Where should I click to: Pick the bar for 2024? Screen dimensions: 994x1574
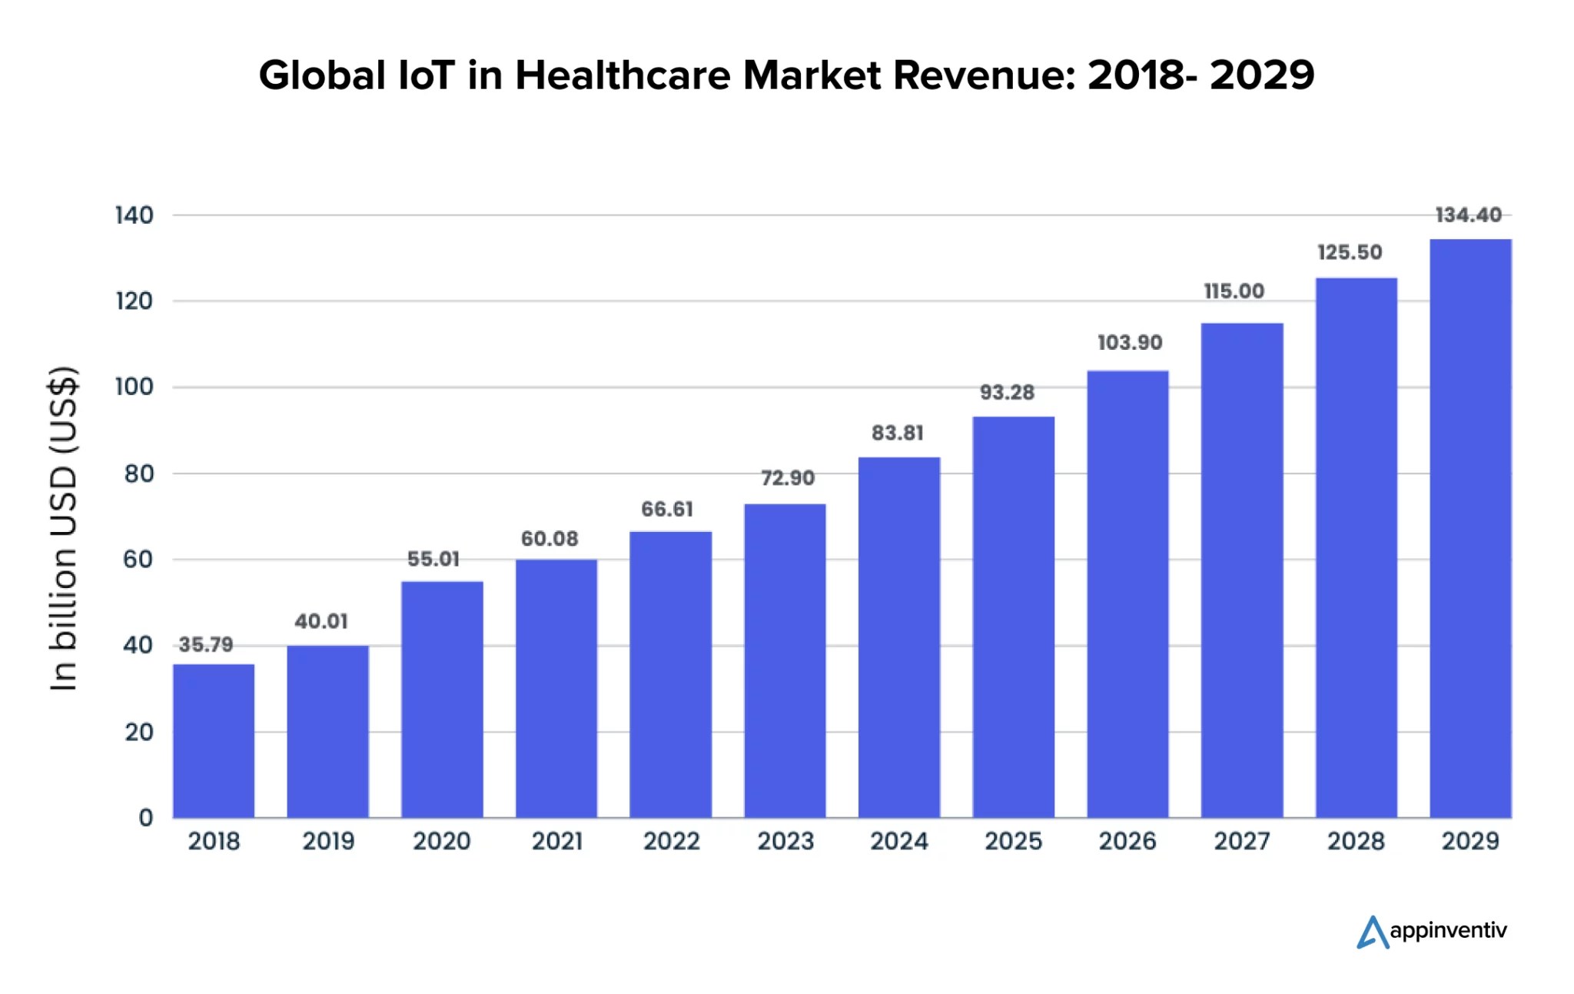click(899, 637)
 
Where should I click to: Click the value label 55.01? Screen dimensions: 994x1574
click(433, 559)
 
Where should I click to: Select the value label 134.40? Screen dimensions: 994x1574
click(1468, 215)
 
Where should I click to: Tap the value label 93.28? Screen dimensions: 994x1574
click(1007, 393)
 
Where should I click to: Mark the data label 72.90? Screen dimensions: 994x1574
click(787, 478)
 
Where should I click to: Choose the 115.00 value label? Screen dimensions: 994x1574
click(1234, 291)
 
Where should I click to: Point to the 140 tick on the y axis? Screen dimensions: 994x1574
click(134, 215)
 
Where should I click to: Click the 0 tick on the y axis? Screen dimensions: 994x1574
click(145, 817)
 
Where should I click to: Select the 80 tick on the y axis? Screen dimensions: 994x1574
click(138, 474)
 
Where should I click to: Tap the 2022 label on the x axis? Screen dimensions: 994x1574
click(671, 841)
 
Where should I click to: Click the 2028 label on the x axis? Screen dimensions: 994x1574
click(1356, 841)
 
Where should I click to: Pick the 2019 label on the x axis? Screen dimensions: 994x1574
click(328, 841)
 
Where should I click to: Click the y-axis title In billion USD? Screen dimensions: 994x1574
click(64, 529)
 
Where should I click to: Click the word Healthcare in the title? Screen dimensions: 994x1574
click(623, 75)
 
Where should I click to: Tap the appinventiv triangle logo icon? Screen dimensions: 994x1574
click(1372, 932)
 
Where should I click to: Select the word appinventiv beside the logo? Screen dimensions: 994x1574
click(1449, 931)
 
